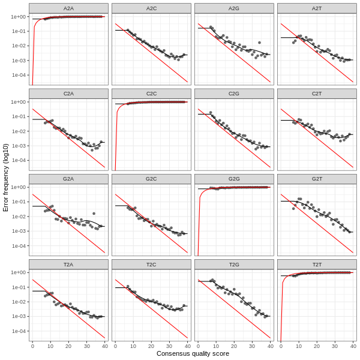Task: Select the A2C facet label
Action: coord(151,8)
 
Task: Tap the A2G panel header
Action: coord(234,8)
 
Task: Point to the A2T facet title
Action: coord(317,8)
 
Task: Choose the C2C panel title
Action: coord(151,94)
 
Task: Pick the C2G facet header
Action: coord(234,94)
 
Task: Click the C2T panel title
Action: coord(317,94)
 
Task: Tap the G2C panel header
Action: coord(151,179)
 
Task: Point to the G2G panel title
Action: coord(234,179)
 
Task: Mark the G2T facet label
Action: coord(317,179)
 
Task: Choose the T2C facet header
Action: coord(151,264)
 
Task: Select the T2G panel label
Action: coord(234,264)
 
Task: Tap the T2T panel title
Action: coord(317,264)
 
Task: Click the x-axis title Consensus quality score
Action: coord(193,353)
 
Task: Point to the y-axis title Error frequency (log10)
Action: coord(6,177)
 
